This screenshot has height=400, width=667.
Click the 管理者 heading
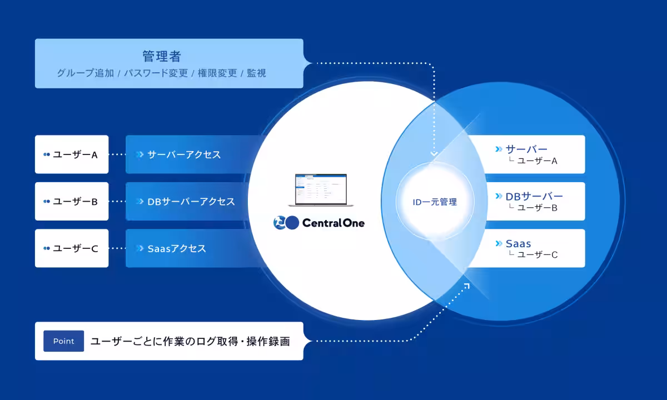(162, 56)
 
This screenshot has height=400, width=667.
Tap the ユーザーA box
(72, 154)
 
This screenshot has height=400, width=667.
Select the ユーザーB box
(72, 201)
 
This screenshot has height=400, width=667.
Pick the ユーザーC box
(72, 248)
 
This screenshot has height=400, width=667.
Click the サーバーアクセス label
(184, 154)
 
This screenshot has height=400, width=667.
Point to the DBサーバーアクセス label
(191, 201)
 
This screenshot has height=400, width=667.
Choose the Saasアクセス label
(177, 248)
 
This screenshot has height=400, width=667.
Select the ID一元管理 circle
(435, 202)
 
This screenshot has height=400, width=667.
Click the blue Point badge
(63, 341)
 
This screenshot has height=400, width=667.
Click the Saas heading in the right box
(519, 243)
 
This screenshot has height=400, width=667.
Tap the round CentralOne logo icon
(286, 223)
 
